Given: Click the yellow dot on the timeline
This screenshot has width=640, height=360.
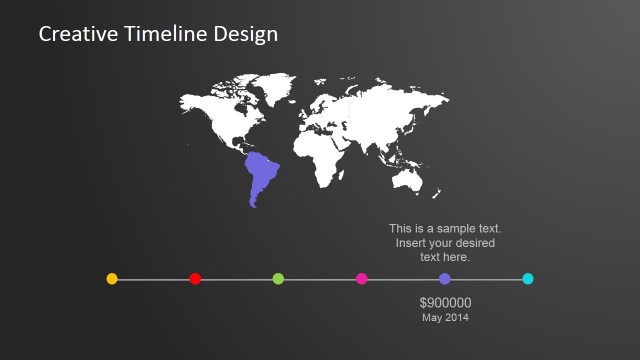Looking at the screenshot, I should point(112,279).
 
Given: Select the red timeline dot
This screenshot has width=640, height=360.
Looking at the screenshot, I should point(195,279).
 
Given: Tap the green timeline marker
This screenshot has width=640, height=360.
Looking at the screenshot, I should point(278,279).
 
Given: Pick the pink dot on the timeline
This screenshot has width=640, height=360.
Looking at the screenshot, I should point(362,279).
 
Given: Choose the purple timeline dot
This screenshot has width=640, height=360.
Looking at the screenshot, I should point(445,279).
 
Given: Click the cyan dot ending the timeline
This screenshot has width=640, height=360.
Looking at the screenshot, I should point(528,279).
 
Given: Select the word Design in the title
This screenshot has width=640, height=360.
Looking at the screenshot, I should point(246,35).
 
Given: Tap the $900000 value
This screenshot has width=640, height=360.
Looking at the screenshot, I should point(445,303).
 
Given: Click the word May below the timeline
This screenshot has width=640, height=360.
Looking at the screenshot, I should point(432,318).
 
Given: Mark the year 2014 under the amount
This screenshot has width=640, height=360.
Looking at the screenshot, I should point(456,317).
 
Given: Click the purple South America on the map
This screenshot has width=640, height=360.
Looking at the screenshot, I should point(263,175).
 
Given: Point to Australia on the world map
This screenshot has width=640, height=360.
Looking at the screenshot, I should point(407,179).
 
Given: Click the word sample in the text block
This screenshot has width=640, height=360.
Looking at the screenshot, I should point(447,229).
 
